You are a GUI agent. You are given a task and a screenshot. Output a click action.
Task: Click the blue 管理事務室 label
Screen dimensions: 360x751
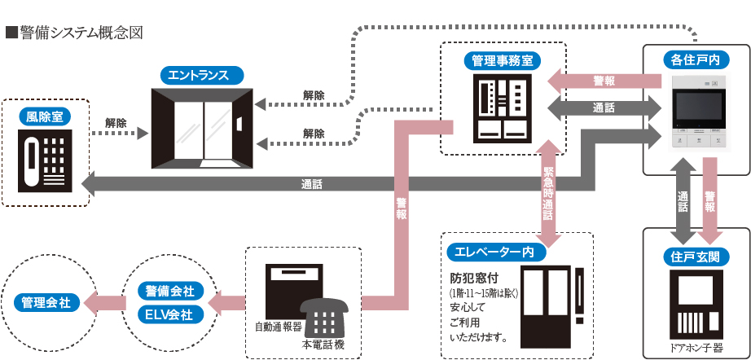click(x=501, y=60)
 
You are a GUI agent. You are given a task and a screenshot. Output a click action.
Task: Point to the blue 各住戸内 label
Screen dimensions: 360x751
click(x=695, y=59)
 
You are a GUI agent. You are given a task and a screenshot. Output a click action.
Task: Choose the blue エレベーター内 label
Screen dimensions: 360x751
click(x=494, y=250)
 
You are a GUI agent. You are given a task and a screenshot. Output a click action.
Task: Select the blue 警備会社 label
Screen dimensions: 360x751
click(x=169, y=291)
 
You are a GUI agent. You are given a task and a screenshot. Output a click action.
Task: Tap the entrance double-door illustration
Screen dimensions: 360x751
click(x=203, y=127)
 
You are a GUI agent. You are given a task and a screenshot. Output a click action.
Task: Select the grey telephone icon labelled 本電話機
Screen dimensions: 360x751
click(x=324, y=317)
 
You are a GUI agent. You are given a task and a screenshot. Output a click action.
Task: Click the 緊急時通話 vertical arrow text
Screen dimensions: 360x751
click(x=547, y=195)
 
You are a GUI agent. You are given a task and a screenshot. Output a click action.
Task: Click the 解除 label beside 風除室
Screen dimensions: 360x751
click(x=116, y=123)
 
